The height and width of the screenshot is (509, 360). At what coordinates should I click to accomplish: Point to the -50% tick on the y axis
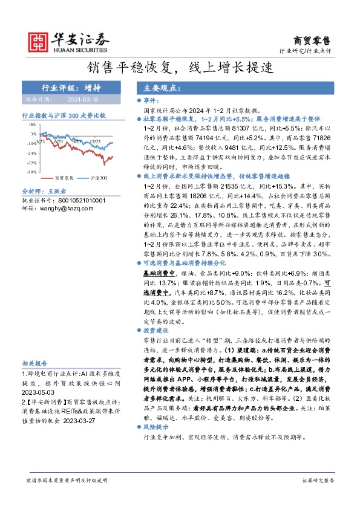tap(31, 172)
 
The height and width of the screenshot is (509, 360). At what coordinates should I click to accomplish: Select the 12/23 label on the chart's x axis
tap(95, 141)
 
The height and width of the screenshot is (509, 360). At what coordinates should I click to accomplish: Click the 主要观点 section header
tap(159, 88)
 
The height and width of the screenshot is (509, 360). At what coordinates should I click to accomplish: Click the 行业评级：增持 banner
tap(67, 87)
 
